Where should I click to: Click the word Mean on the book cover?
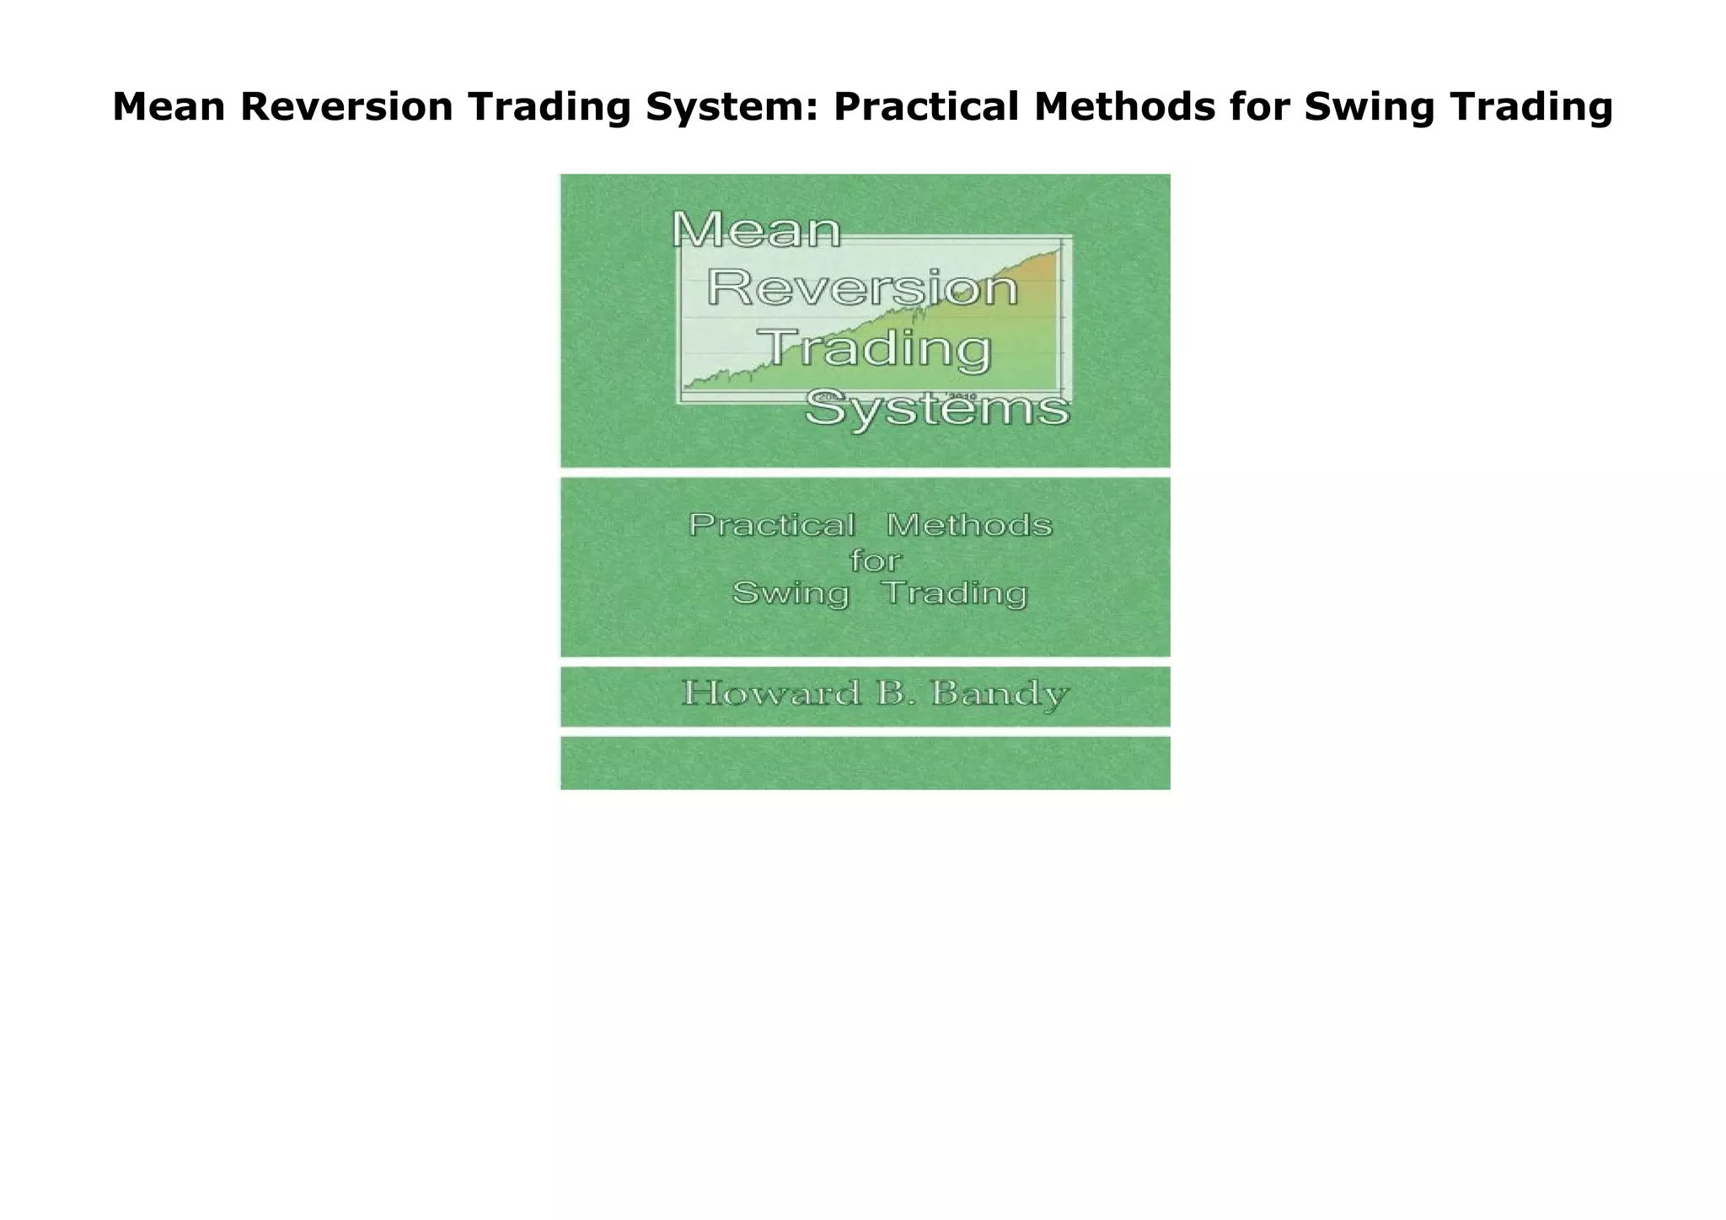point(756,229)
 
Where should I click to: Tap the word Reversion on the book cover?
point(862,288)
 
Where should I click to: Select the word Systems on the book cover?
point(937,411)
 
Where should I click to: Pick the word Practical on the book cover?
point(772,525)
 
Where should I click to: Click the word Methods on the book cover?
point(969,525)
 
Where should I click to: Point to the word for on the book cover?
point(876,560)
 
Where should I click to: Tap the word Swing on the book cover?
point(791,594)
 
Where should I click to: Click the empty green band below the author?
point(865,763)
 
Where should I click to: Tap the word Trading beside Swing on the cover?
point(955,594)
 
